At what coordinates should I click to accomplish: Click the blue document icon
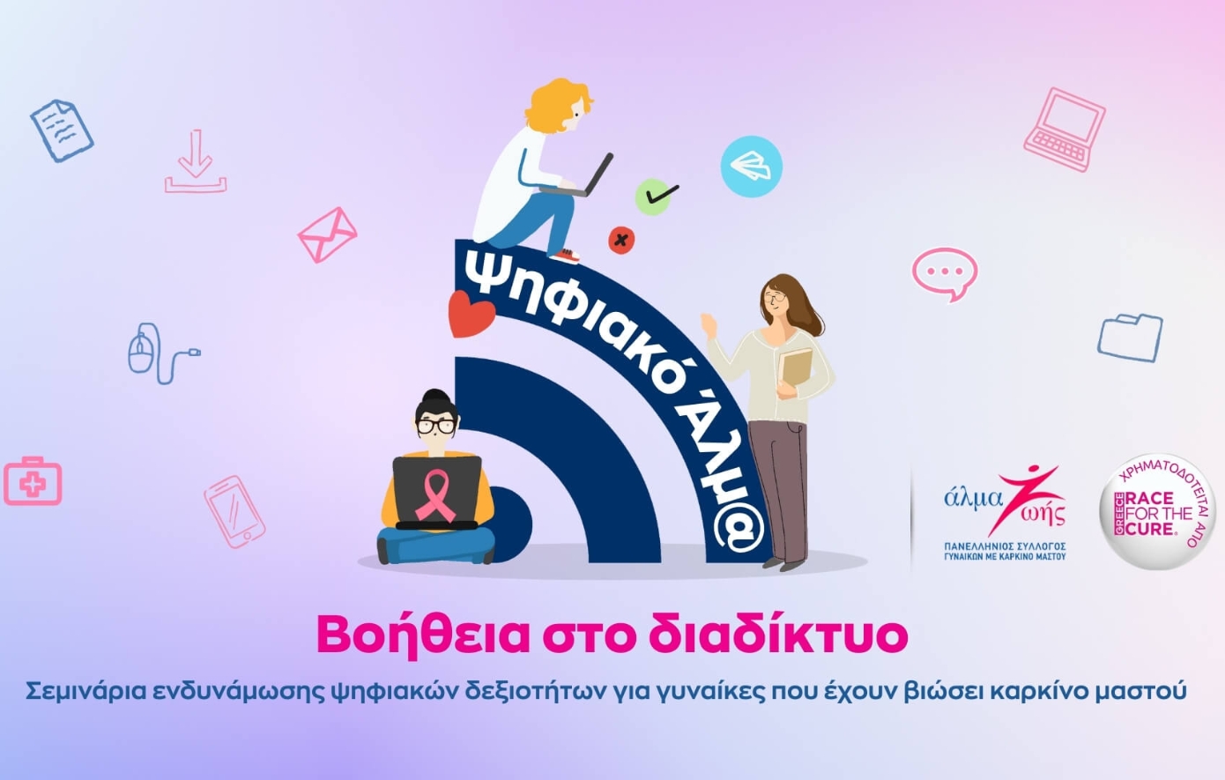pyautogui.click(x=62, y=130)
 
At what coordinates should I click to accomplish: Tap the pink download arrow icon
pyautogui.click(x=196, y=162)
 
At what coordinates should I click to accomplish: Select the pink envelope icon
pyautogui.click(x=327, y=234)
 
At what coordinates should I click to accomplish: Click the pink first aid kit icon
pyautogui.click(x=33, y=481)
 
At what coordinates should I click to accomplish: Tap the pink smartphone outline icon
pyautogui.click(x=234, y=512)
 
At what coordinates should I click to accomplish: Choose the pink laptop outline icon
pyautogui.click(x=1065, y=129)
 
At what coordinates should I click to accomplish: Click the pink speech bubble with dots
pyautogui.click(x=945, y=272)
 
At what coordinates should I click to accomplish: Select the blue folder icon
pyautogui.click(x=1130, y=337)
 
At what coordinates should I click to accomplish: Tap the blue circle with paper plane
pyautogui.click(x=751, y=166)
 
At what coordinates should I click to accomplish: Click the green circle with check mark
pyautogui.click(x=654, y=196)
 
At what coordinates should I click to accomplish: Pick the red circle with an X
pyautogui.click(x=621, y=239)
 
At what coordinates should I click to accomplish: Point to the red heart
pyautogui.click(x=471, y=315)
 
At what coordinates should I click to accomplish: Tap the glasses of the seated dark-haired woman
pyautogui.click(x=436, y=426)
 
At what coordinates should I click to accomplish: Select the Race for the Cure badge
pyautogui.click(x=1156, y=512)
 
